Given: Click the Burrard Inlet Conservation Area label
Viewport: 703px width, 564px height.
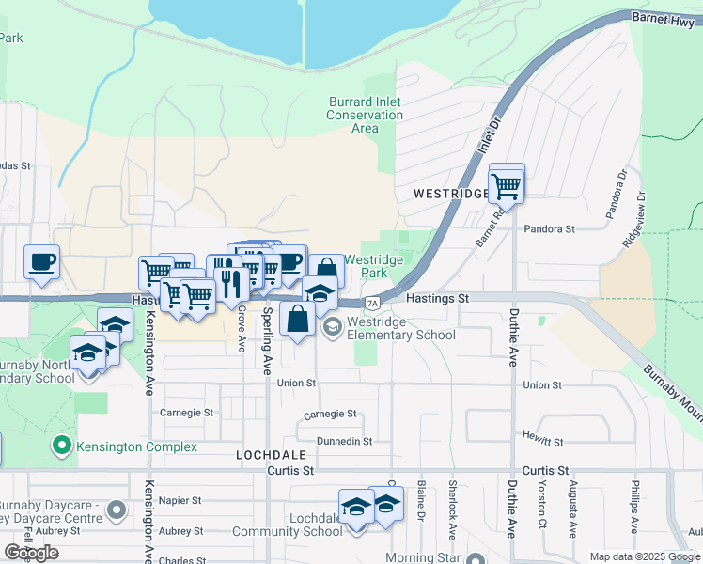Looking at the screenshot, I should tap(365, 115).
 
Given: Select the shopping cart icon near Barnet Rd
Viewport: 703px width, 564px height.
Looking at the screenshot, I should tap(507, 185).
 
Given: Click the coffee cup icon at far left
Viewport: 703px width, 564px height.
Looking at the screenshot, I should tap(42, 262).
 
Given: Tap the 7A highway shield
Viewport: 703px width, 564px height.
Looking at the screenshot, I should tap(373, 303).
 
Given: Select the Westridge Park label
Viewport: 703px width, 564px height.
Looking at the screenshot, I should tap(373, 266).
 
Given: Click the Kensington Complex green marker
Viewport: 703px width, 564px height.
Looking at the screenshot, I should tap(62, 444).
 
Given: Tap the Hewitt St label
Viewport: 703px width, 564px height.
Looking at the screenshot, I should tap(544, 441).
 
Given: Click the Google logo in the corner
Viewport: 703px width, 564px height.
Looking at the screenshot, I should tap(31, 553).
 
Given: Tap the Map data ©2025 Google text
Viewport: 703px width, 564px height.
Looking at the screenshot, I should tap(644, 556).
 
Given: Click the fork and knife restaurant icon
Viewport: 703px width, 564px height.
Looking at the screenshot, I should tap(230, 281).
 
